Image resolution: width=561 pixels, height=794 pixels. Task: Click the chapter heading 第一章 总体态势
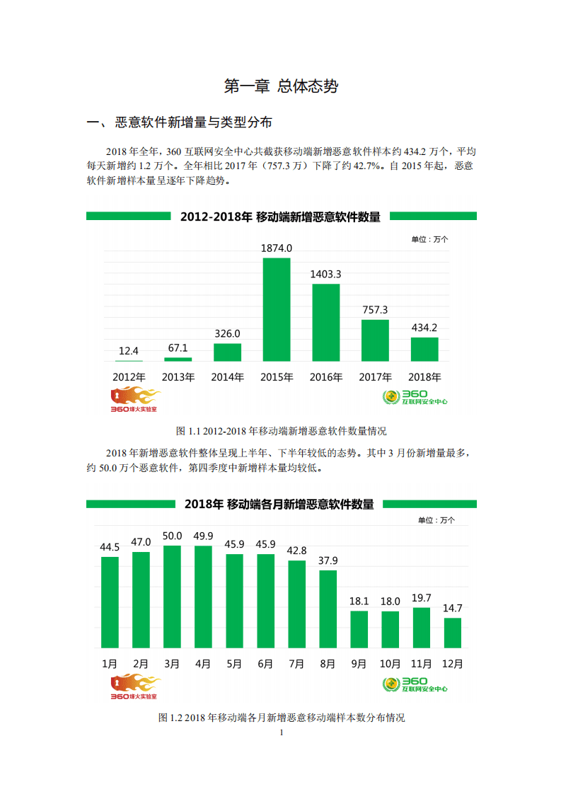click(x=281, y=86)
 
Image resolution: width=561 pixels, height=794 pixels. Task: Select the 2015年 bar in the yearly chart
click(x=277, y=310)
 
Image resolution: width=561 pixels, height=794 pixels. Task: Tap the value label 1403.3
click(x=326, y=274)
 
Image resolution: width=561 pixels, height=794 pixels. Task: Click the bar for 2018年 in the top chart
click(x=424, y=350)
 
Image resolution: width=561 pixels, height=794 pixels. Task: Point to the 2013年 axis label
click(x=178, y=377)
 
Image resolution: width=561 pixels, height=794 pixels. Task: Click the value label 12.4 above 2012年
click(x=129, y=351)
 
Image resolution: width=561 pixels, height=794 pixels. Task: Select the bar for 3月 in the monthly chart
click(x=172, y=597)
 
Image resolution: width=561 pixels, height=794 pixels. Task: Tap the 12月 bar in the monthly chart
click(x=452, y=633)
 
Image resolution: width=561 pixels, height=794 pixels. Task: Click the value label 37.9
click(x=328, y=560)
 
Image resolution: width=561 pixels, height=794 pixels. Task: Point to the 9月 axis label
click(x=359, y=664)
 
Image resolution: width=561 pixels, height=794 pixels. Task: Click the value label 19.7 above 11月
click(x=421, y=598)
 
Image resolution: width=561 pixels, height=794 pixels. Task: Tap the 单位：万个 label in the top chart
click(x=429, y=239)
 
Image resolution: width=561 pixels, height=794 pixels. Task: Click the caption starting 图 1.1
click(x=281, y=430)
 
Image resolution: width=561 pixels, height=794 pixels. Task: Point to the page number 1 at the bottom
click(x=281, y=732)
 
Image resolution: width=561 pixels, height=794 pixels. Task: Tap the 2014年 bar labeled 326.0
click(x=227, y=352)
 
